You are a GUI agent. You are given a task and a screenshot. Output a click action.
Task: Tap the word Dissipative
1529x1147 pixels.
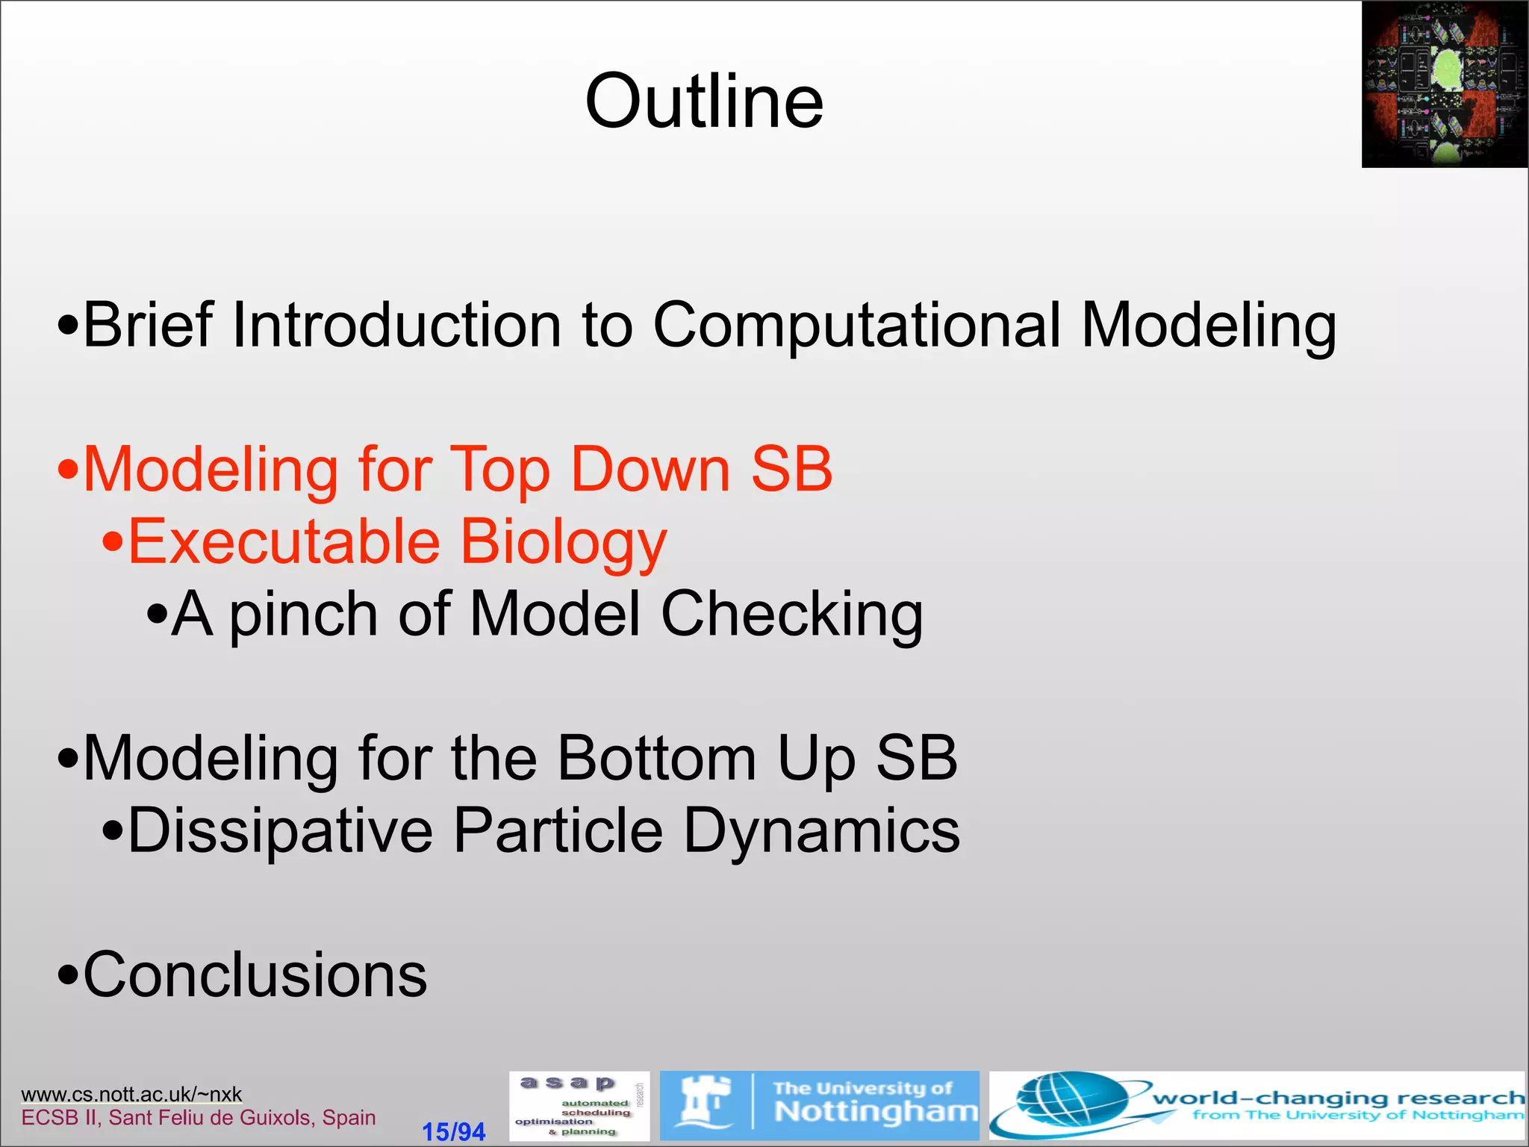(x=280, y=831)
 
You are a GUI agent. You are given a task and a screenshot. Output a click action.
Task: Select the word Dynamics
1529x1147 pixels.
(x=821, y=831)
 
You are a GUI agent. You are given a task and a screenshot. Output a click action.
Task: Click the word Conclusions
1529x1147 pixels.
(x=255, y=975)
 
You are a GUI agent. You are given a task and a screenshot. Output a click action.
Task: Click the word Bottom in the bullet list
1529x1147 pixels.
(x=657, y=758)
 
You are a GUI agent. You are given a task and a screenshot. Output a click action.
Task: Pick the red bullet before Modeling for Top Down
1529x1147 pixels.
(x=68, y=470)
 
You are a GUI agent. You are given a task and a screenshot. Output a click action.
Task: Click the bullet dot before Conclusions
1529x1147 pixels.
(x=68, y=977)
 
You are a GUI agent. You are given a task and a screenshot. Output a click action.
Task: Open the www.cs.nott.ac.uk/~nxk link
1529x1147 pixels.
(x=131, y=1095)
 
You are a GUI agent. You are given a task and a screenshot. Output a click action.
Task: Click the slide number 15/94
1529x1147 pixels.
(x=453, y=1132)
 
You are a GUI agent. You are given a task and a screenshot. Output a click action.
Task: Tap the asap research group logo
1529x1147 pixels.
(x=579, y=1106)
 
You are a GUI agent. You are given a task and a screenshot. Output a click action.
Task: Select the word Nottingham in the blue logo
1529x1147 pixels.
(x=875, y=1113)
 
